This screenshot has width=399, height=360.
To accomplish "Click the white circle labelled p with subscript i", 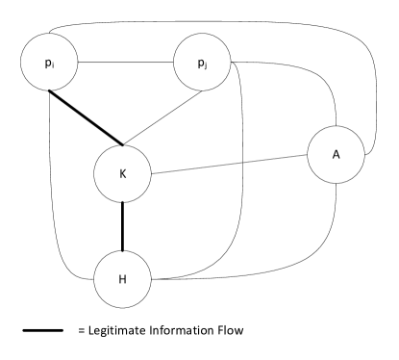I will pos(49,63).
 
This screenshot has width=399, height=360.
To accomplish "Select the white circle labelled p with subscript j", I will pos(202,63).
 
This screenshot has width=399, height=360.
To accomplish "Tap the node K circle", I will pos(122,174).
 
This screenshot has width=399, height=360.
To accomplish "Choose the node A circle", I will pos(336,154).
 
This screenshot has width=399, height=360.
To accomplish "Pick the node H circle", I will pos(122,280).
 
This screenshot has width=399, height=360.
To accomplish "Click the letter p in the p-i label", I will pos(47,63).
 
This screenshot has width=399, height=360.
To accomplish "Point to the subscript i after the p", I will pos(53,65).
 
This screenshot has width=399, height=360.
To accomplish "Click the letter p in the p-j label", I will pos(200,63).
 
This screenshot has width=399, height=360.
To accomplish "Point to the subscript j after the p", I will pos(206,65).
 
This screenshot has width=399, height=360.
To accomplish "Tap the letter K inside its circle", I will pos(122,174).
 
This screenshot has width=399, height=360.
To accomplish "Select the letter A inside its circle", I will pos(336,154).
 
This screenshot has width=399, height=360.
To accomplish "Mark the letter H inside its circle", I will pos(122,280).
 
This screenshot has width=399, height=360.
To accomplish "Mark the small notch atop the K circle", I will pos(123,146).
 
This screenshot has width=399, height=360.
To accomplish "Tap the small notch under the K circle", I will pos(123,202).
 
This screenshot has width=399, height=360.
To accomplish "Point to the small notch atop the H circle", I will pos(123,252).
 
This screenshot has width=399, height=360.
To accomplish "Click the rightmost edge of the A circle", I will pos(363,154).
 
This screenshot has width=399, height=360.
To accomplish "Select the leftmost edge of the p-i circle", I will pos(21,63).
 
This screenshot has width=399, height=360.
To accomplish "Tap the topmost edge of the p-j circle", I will pos(202,35).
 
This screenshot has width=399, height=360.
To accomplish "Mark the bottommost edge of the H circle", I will pos(122,308).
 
